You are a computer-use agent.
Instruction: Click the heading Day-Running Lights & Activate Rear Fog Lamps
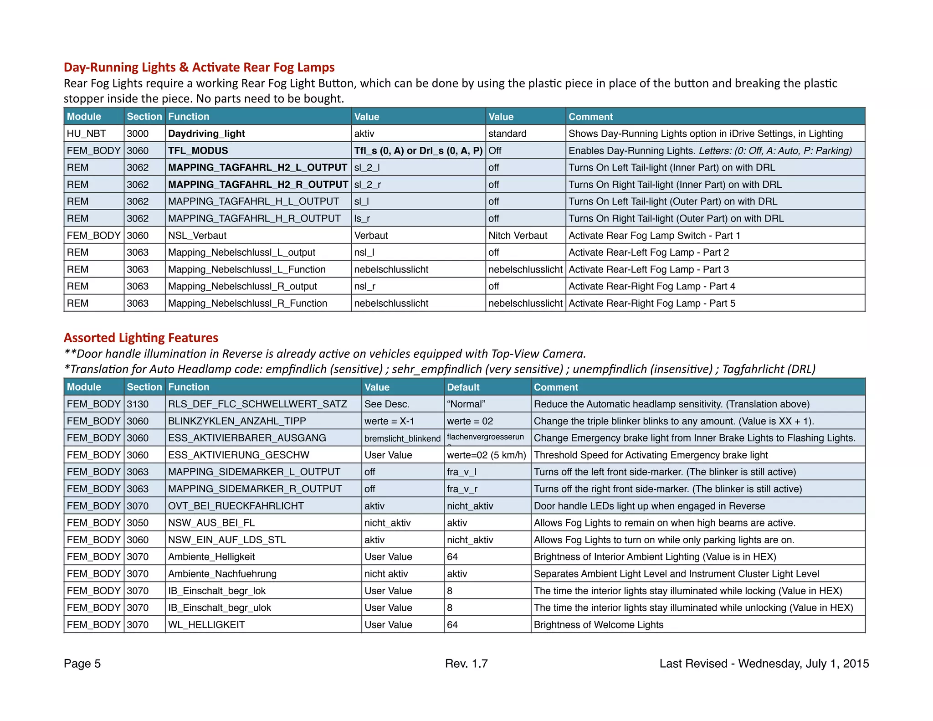click(x=199, y=67)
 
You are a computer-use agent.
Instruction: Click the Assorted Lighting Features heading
click(x=141, y=338)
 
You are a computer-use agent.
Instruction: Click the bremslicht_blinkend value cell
click(x=402, y=438)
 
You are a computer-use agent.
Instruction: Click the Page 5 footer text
click(x=82, y=664)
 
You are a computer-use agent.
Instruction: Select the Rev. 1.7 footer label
click(x=466, y=664)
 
